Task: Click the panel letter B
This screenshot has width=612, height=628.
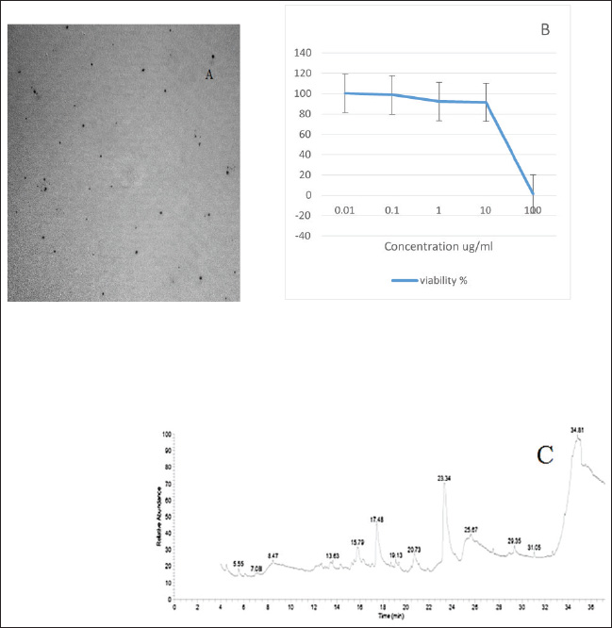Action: coord(545,29)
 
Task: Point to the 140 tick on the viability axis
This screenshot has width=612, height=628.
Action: coord(302,53)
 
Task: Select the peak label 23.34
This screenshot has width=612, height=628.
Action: coord(445,478)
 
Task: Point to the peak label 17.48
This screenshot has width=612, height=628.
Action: coord(376,519)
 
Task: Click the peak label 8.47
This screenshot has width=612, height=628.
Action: coord(273,556)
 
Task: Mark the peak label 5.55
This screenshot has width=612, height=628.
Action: coord(238,563)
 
